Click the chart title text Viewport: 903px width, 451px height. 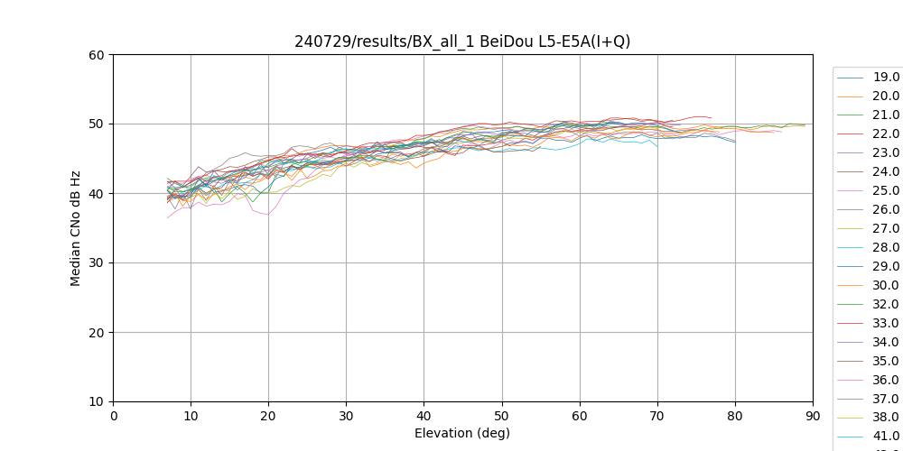[x=462, y=41]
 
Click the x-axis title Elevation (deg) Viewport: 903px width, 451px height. [x=462, y=433]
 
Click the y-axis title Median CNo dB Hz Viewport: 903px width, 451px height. [x=76, y=228]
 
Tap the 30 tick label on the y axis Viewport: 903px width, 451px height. [x=97, y=262]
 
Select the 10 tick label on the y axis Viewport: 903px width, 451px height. [x=97, y=401]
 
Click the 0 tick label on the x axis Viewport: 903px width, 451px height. [x=113, y=416]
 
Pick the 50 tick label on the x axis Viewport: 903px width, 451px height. [x=501, y=416]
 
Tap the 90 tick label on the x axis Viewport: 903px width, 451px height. [x=812, y=416]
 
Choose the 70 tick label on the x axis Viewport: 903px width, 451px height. [x=656, y=416]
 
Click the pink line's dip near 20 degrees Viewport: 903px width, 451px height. [x=267, y=214]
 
